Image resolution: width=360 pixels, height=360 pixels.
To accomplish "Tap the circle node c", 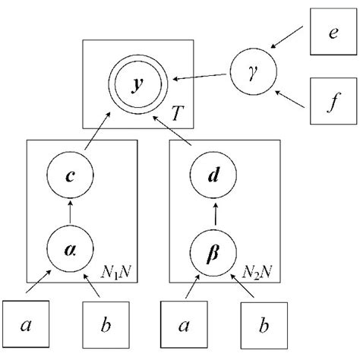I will coord(69,176).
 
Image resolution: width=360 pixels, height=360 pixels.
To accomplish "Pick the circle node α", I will coord(69,248).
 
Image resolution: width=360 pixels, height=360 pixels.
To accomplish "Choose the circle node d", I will coord(214,176).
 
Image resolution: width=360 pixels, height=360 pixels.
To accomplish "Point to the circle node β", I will coord(214,248).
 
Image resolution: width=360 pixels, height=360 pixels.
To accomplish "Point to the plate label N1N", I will coord(118,270).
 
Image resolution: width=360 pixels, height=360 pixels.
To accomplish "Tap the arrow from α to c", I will coord(69,213).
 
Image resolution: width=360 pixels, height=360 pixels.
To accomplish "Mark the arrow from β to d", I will coord(214,213).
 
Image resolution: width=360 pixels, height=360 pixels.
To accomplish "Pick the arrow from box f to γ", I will coord(291,95).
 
